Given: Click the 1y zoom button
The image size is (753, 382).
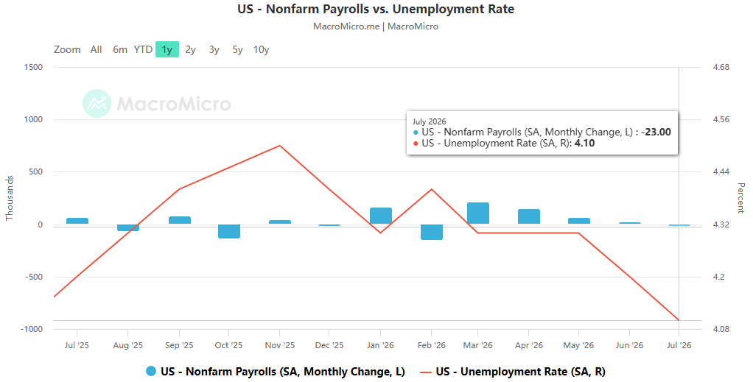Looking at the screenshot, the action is click(x=167, y=49).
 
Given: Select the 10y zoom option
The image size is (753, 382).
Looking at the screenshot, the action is click(x=262, y=49).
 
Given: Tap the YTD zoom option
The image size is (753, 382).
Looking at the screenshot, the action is click(x=143, y=49).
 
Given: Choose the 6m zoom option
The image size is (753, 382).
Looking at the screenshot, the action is click(x=120, y=49).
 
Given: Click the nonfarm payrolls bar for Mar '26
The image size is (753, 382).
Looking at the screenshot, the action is click(x=478, y=213).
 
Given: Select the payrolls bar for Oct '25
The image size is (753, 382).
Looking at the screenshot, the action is click(x=229, y=231).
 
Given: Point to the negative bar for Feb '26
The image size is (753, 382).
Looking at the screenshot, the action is click(x=431, y=232).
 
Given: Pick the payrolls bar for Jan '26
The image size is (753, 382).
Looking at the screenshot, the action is click(x=380, y=216).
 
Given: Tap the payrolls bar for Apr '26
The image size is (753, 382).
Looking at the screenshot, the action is click(x=529, y=216).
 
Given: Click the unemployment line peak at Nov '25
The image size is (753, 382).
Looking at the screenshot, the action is click(x=279, y=146).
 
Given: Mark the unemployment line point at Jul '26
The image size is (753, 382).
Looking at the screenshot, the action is click(x=679, y=320).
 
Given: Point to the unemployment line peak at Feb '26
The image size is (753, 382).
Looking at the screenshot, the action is click(x=431, y=189).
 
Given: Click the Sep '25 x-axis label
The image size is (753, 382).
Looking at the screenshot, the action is click(x=178, y=345).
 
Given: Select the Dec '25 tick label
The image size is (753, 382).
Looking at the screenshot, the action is click(x=329, y=345).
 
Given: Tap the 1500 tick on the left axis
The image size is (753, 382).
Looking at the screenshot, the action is click(x=33, y=67).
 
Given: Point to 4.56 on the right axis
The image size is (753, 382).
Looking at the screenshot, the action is click(x=721, y=119).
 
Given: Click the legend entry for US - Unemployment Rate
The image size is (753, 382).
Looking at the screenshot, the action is click(x=512, y=372).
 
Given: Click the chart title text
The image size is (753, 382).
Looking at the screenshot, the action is click(x=376, y=9).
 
